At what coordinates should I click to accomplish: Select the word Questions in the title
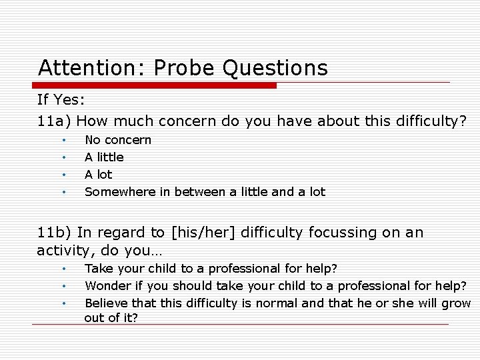(275, 68)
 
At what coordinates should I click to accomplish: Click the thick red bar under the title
(155, 85)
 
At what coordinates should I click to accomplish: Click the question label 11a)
(55, 121)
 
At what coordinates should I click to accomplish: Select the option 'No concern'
(117, 140)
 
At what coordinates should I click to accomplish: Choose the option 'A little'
(104, 157)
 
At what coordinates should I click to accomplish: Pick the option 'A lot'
(98, 175)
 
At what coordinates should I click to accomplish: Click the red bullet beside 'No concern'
(63, 141)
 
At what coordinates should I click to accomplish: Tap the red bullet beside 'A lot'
(63, 175)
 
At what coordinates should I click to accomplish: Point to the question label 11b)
(55, 233)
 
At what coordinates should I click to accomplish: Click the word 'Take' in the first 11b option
(99, 269)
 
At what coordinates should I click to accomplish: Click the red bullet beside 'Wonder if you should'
(63, 287)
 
